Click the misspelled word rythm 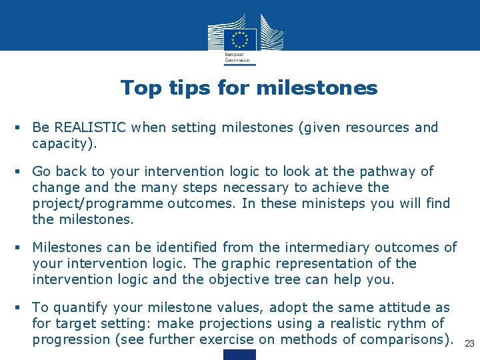pos(407,323)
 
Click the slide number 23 pos(469,343)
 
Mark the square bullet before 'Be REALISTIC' pos(23,127)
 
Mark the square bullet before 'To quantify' pos(23,307)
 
